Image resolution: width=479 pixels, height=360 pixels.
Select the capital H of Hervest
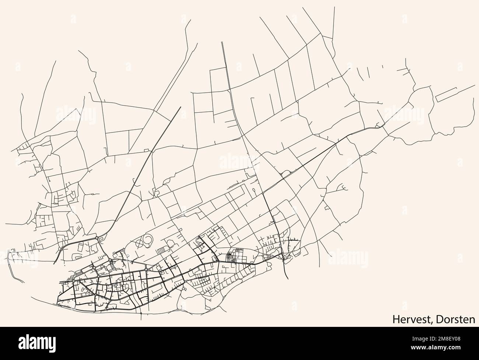click(x=395, y=320)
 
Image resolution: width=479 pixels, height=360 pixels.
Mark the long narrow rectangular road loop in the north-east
click(x=447, y=95)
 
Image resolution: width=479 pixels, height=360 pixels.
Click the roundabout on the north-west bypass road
click(x=97, y=238)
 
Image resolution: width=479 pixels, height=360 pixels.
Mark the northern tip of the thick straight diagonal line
click(x=181, y=107)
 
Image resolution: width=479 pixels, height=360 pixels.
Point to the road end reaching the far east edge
click(x=475, y=85)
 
